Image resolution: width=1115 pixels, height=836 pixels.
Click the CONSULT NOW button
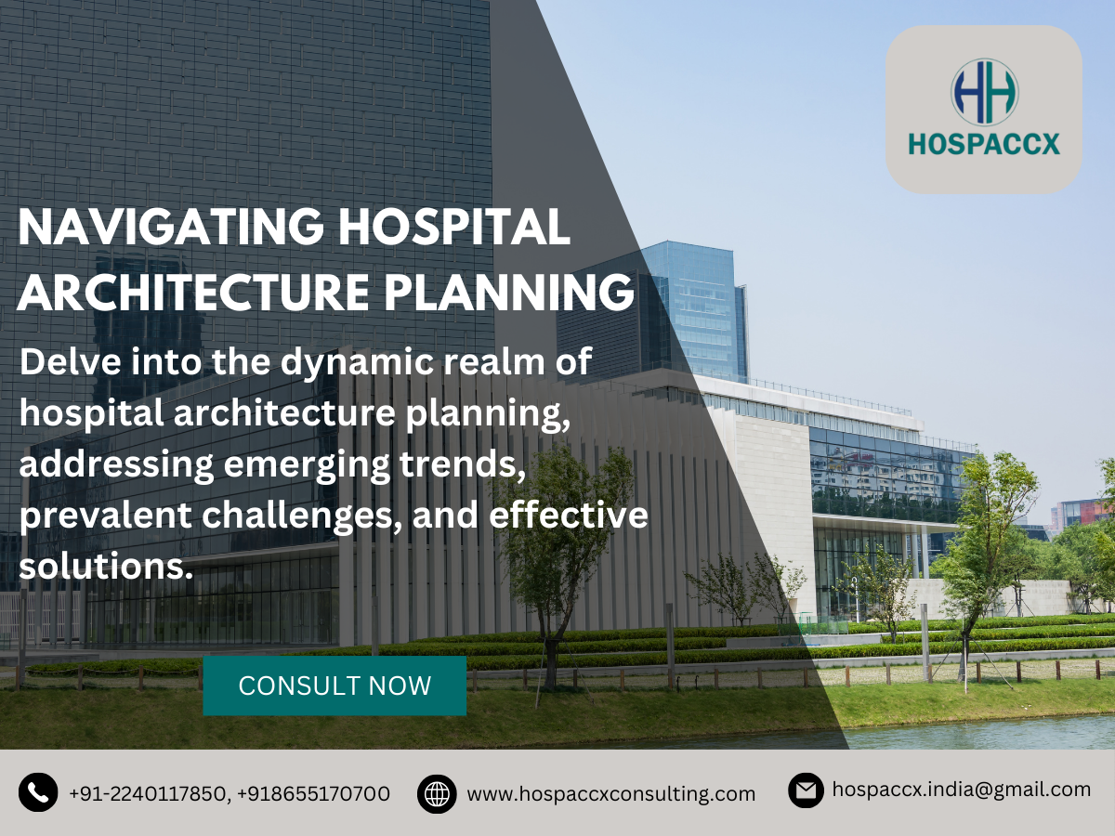tap(334, 686)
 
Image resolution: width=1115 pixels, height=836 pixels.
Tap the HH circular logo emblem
tap(984, 92)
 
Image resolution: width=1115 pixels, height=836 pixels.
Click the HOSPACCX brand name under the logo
tap(984, 145)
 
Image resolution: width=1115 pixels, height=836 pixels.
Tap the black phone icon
tap(38, 792)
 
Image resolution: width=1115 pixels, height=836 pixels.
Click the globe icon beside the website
tap(437, 794)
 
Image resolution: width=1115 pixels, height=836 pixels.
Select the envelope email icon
tap(807, 790)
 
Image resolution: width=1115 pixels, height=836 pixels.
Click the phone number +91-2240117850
tap(147, 794)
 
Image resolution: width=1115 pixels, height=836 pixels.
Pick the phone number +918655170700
tap(313, 794)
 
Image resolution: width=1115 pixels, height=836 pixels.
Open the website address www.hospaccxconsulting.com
tap(610, 794)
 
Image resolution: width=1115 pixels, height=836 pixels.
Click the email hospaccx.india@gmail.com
tap(961, 790)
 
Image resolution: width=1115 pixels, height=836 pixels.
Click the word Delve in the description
tap(68, 361)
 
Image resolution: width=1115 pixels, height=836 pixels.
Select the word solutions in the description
tap(106, 566)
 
